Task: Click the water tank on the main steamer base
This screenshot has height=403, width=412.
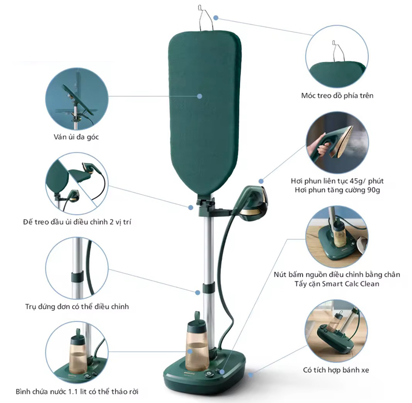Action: (198, 344)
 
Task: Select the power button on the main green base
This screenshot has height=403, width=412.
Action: (209, 373)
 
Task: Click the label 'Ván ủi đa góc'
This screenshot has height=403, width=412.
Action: (76, 137)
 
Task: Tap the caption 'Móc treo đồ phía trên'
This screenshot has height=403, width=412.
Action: (337, 95)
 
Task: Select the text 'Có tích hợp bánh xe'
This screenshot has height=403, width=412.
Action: (336, 370)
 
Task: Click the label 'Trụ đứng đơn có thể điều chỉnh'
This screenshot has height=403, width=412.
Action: (77, 307)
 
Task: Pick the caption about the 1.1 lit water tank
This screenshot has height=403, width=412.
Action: (77, 392)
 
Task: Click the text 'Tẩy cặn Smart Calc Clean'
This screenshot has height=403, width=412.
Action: (337, 284)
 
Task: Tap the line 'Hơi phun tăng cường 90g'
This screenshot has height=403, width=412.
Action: (337, 190)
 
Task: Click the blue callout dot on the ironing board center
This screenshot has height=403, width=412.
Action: (199, 96)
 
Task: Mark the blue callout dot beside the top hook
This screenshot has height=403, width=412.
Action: (216, 18)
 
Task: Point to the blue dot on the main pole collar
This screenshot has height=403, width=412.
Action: (198, 292)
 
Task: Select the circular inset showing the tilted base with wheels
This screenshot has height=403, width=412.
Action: (337, 331)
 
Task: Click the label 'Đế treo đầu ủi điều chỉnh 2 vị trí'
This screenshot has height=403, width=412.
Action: (77, 222)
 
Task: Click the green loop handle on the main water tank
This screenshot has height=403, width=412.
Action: (197, 316)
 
